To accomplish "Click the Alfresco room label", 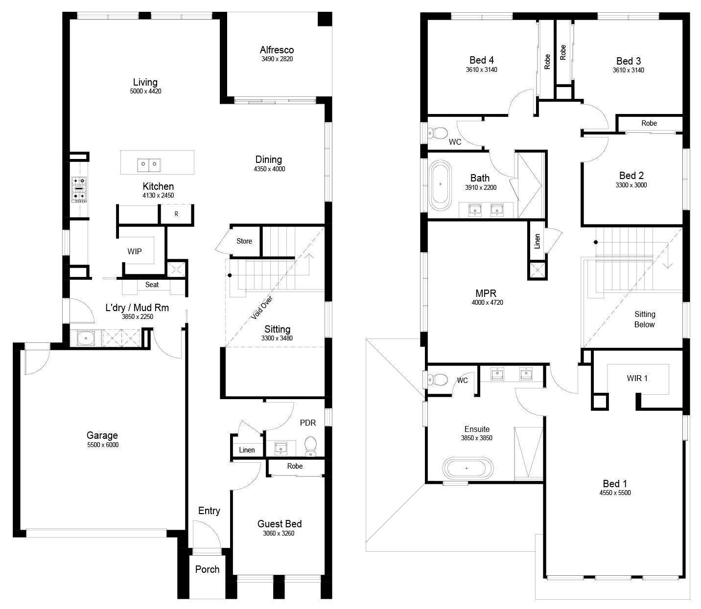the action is tap(277, 50).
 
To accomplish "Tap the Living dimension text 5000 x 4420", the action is tap(145, 91).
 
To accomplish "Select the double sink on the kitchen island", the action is tap(149, 165).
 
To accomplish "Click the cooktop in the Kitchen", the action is tap(79, 189).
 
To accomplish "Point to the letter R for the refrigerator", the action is tap(176, 214).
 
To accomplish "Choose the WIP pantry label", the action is tap(135, 251).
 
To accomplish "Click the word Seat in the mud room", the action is tap(152, 285).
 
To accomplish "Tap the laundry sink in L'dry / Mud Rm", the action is tap(86, 338).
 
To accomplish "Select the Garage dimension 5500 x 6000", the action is tap(103, 445).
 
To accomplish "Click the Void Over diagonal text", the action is tap(262, 308).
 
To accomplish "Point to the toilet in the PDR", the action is tap(311, 446).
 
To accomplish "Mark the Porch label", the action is tap(207, 569).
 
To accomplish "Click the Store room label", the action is tap(244, 241).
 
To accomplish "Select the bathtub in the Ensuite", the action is tap(467, 468).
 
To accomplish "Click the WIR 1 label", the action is tap(637, 378).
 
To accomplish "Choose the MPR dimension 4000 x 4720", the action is tap(487, 302).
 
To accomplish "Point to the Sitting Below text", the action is tap(645, 319).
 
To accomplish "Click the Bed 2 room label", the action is tap(631, 176).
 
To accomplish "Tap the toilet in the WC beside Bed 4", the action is tap(438, 133).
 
